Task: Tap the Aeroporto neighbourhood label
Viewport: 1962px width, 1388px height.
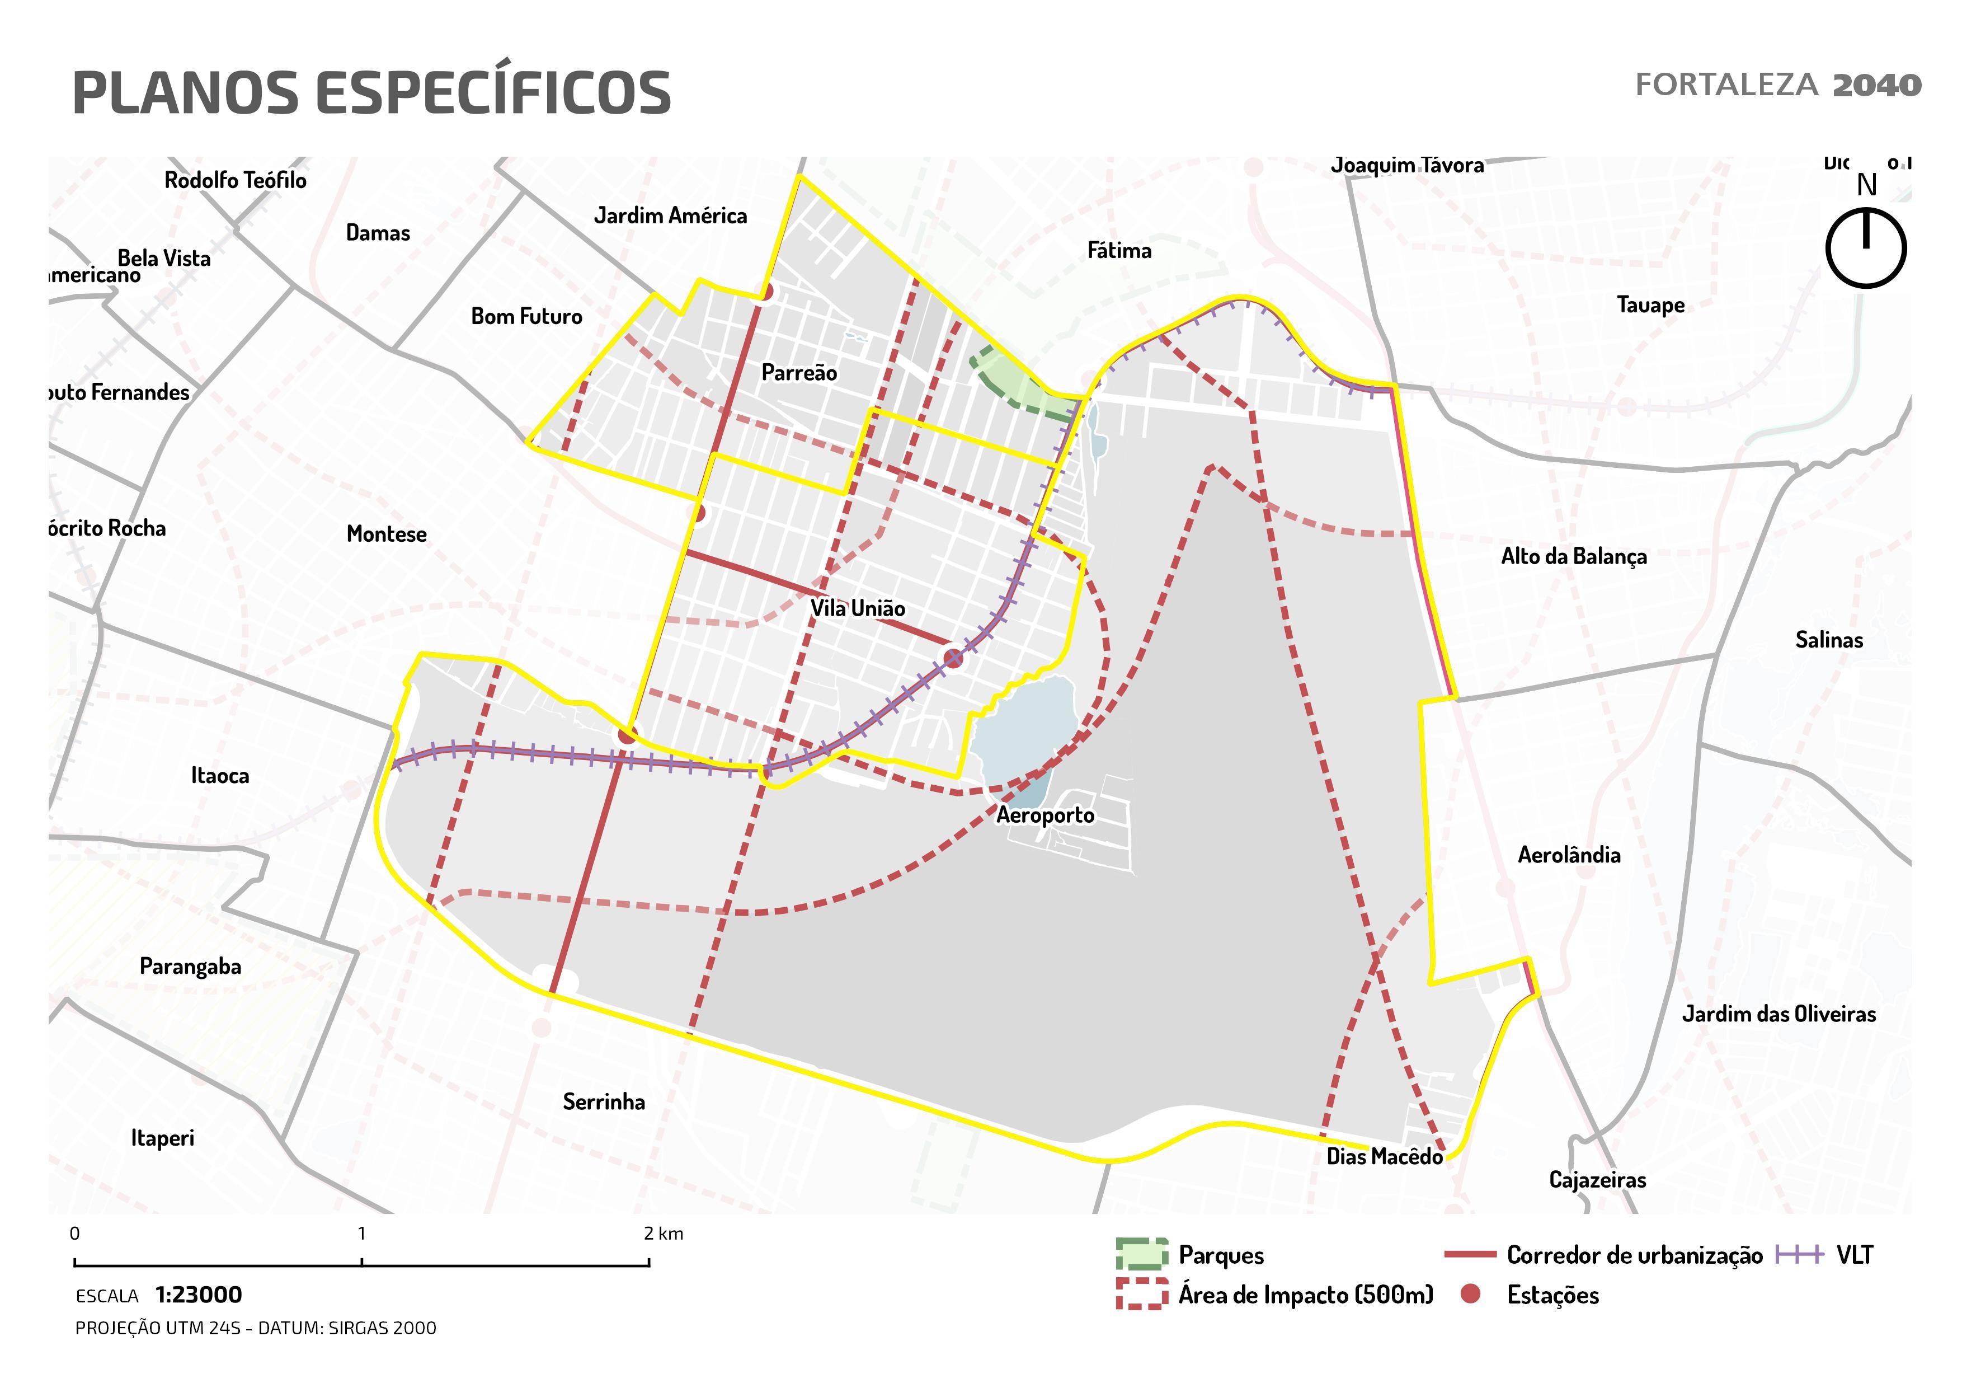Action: coord(1044,815)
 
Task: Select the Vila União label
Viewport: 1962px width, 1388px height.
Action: coord(857,608)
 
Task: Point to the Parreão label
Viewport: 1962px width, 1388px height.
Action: coord(799,373)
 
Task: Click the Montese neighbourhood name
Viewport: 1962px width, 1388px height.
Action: coord(386,534)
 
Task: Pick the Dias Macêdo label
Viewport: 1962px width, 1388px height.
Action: coord(1384,1156)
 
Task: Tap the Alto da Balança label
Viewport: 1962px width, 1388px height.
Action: coord(1573,556)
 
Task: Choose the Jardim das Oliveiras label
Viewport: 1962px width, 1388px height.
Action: coord(1778,1015)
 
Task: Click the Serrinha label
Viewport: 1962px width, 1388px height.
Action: coord(603,1101)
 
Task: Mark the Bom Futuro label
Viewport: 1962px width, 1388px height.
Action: coord(526,316)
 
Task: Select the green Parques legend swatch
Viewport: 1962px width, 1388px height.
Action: coord(1141,1254)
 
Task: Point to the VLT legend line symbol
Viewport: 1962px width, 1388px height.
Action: coord(1800,1255)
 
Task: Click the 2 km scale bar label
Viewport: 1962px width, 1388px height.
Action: coord(663,1234)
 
